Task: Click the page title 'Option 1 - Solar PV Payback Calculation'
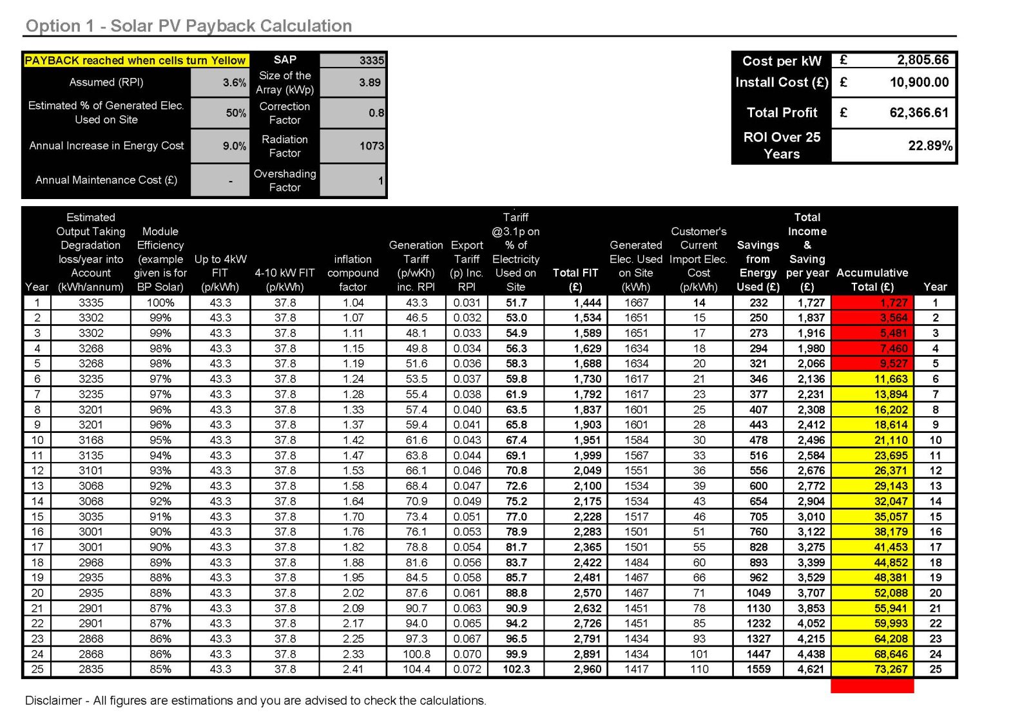click(189, 26)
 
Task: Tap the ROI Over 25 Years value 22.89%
click(930, 146)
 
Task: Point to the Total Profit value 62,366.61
click(919, 113)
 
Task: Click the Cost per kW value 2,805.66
click(923, 60)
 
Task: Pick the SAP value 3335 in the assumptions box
click(371, 61)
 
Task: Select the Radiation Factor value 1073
click(371, 146)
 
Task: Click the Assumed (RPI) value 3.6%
click(235, 82)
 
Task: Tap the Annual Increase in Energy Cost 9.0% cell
click(235, 146)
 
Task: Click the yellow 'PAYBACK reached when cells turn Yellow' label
click(135, 61)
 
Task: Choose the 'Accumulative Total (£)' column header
click(872, 280)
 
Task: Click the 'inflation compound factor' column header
click(352, 273)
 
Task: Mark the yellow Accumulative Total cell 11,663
click(891, 379)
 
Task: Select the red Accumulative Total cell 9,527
click(893, 363)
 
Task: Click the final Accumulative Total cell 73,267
click(891, 669)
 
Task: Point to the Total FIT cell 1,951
click(587, 440)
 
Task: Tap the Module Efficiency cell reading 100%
click(160, 303)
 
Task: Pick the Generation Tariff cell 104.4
click(417, 669)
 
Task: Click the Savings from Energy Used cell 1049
click(758, 593)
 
